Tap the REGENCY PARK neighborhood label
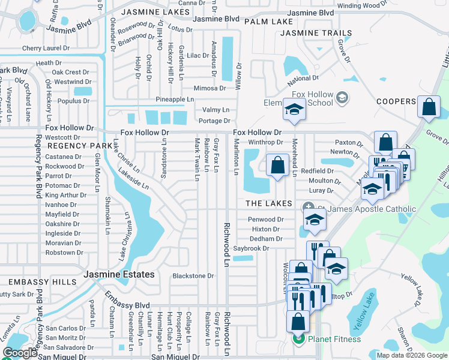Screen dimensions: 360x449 pyautogui.click(x=79, y=146)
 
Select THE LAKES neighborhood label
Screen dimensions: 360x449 pyautogui.click(x=268, y=204)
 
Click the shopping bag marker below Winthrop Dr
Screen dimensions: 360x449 pyautogui.click(x=277, y=165)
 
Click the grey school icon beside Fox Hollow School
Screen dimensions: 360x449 pyautogui.click(x=342, y=98)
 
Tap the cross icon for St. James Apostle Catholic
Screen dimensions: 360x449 pyautogui.click(x=306, y=208)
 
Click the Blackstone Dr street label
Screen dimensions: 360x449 pyautogui.click(x=193, y=276)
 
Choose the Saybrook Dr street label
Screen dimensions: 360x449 pyautogui.click(x=251, y=248)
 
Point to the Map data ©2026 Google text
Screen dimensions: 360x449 pyautogui.click(x=412, y=355)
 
